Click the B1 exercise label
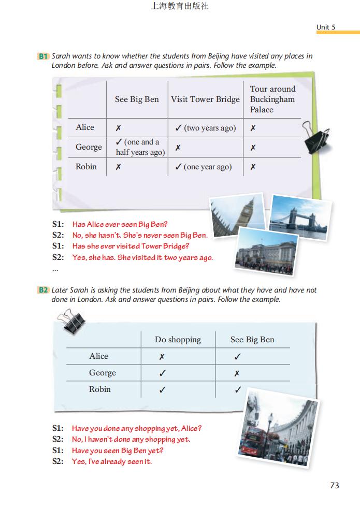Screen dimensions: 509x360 pos(43,56)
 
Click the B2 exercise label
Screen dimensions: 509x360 pos(43,290)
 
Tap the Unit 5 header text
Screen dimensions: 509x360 pos(326,27)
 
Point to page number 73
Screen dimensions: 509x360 pos(334,485)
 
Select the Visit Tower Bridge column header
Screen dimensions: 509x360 pos(205,99)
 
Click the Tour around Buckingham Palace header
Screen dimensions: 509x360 pos(272,99)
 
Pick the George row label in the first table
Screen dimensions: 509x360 pos(89,147)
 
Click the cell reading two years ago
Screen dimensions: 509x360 pos(206,128)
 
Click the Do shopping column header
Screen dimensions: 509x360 pos(178,340)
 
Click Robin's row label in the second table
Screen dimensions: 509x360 pos(99,389)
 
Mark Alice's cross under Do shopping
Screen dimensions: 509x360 pos(162,357)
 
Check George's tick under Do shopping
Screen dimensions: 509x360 pos(162,373)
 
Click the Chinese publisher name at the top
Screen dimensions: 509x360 pos(180,7)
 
